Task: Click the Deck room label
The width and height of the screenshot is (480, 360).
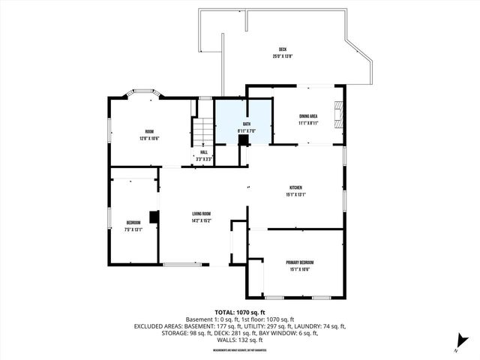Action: pyautogui.click(x=283, y=49)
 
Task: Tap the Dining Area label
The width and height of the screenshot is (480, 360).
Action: pyautogui.click(x=310, y=115)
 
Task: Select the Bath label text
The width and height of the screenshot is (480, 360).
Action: pyautogui.click(x=246, y=124)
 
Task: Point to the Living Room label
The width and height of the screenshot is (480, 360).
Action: pyautogui.click(x=201, y=214)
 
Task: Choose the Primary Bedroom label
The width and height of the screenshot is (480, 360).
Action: pyautogui.click(x=298, y=262)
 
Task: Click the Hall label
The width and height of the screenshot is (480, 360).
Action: pyautogui.click(x=203, y=152)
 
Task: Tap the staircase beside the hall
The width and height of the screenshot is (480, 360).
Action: pyautogui.click(x=203, y=133)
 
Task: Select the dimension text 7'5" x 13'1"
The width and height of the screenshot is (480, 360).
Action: pyautogui.click(x=133, y=229)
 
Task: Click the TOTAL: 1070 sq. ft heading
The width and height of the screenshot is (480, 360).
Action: pyautogui.click(x=240, y=312)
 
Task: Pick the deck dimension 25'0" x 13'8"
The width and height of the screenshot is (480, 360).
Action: pyautogui.click(x=283, y=56)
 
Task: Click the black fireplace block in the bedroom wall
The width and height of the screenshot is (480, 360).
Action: pyautogui.click(x=154, y=217)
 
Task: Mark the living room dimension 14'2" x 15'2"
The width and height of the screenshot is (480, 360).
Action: pyautogui.click(x=201, y=221)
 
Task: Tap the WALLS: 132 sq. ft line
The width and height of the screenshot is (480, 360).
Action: pyautogui.click(x=240, y=340)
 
